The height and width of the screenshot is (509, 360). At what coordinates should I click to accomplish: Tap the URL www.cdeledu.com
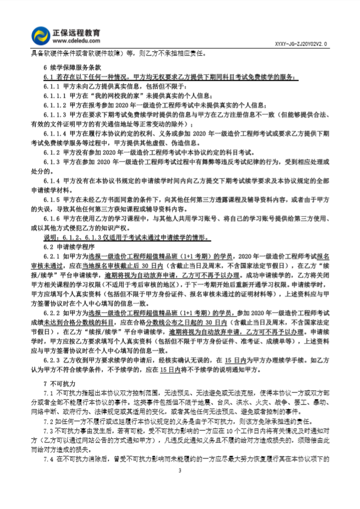point(76,40)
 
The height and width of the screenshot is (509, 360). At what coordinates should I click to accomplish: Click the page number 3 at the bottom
point(180,471)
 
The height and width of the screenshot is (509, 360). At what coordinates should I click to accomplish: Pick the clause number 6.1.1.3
point(55,114)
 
